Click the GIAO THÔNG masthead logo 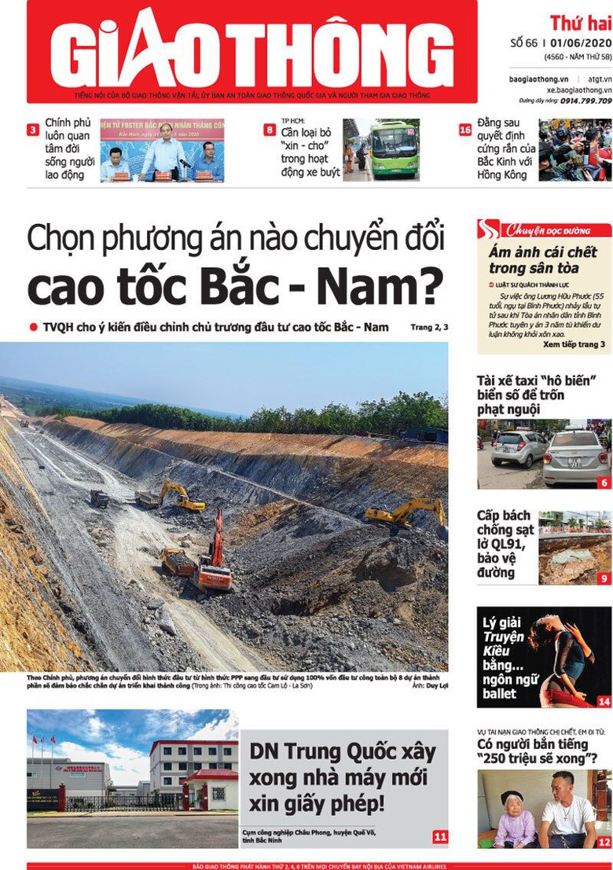click(251, 49)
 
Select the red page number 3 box click(33, 130)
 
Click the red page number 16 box click(465, 130)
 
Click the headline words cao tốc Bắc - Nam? click(235, 286)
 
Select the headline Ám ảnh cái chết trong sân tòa click(542, 260)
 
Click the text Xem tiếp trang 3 click(573, 344)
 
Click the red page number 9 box click(604, 578)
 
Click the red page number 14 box click(604, 701)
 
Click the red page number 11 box click(439, 836)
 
